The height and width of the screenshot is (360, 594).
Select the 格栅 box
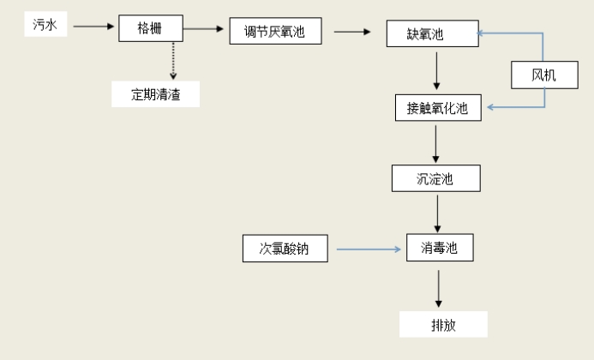coord(149,27)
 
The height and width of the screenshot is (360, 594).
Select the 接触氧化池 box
coord(437,108)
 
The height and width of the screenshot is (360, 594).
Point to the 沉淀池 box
coord(435,178)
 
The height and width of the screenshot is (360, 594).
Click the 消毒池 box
coord(438,249)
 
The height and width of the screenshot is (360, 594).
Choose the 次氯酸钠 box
coord(284,249)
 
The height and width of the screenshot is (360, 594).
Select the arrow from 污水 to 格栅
coord(93,27)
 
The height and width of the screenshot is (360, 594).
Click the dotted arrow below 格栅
coord(173,60)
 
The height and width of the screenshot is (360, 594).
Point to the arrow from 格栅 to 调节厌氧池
coord(203,28)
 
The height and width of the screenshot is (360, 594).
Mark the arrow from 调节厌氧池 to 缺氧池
coord(351,33)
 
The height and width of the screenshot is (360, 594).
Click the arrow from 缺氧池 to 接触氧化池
coord(437,72)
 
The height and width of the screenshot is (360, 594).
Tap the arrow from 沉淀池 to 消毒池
coord(438,213)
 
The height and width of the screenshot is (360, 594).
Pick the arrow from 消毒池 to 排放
coord(439,289)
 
